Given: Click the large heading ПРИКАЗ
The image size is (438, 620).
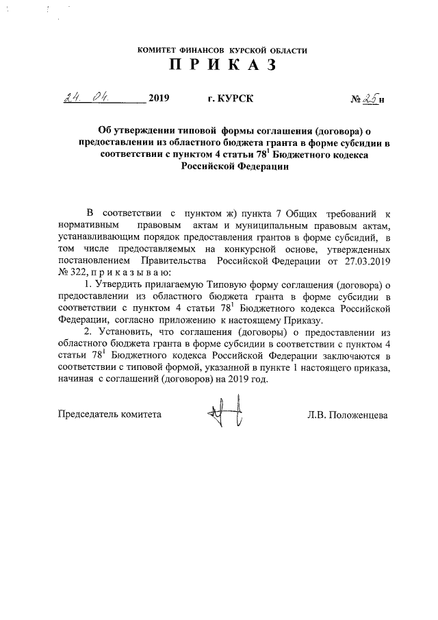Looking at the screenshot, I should (222, 66).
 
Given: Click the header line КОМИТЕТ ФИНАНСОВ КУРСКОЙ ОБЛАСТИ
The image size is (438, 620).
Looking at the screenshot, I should (222, 50).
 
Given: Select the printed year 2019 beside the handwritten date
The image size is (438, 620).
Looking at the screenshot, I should (157, 98).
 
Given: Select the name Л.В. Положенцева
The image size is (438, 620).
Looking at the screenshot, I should (348, 414).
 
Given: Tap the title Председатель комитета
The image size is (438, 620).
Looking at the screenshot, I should (109, 414).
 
